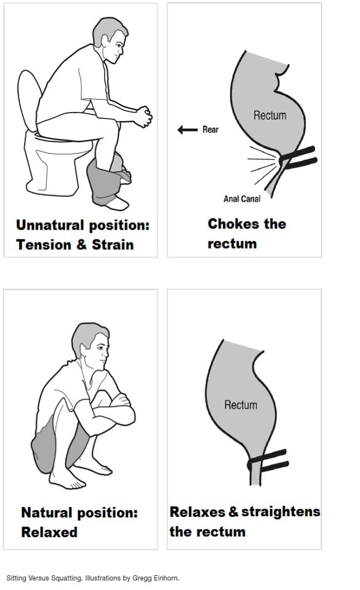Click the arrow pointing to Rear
tap(187, 130)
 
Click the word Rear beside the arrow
tap(210, 130)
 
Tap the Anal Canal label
tap(242, 199)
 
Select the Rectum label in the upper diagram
tap(270, 115)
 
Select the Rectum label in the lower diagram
tap(241, 405)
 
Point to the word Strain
tap(113, 244)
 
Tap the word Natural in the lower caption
tap(47, 512)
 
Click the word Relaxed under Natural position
tap(49, 532)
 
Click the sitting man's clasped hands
tap(143, 116)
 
